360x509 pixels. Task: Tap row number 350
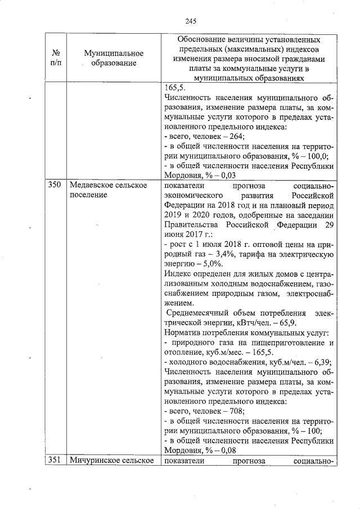55,185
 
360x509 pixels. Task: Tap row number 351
55,460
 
